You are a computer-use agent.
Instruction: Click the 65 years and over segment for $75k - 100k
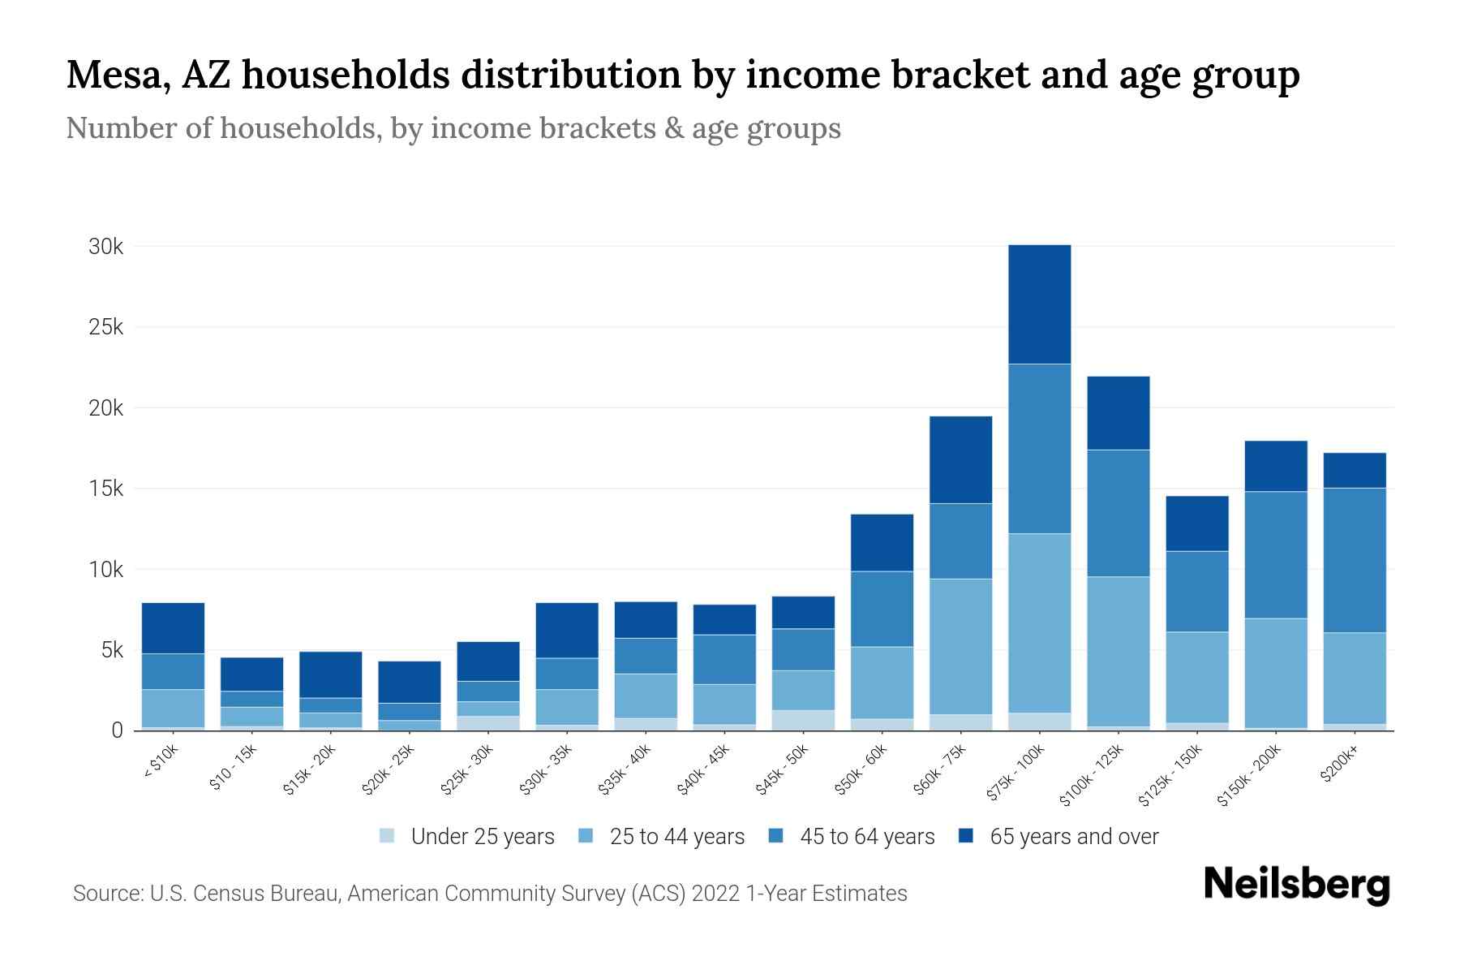[x=1039, y=304]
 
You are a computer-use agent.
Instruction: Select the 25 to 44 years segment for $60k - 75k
[x=960, y=646]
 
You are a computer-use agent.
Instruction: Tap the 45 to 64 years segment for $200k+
[x=1355, y=560]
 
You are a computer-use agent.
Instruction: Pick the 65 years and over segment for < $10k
[x=173, y=628]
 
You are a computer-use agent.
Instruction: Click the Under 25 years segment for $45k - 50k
[x=803, y=720]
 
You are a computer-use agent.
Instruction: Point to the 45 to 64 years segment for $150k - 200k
[x=1276, y=555]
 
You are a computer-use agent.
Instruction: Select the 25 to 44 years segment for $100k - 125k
[x=1118, y=651]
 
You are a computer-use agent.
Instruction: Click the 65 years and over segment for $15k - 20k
[x=330, y=674]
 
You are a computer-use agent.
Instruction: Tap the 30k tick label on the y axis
[x=105, y=247]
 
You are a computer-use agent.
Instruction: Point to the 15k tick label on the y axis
[x=105, y=489]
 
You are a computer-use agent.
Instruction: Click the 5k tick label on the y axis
[x=110, y=650]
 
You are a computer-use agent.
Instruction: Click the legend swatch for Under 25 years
[x=388, y=835]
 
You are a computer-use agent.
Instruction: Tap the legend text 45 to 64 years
[x=866, y=837]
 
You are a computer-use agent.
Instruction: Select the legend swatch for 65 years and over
[x=966, y=835]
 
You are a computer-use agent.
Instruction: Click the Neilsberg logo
[x=1296, y=885]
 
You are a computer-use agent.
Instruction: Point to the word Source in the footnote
[x=105, y=894]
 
